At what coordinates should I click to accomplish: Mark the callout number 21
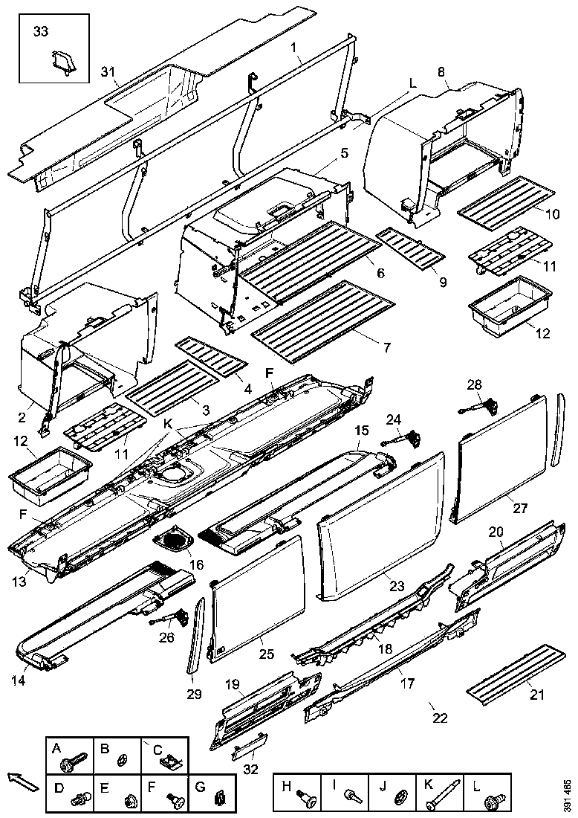click(536, 695)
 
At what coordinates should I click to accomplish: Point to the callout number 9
click(443, 283)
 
